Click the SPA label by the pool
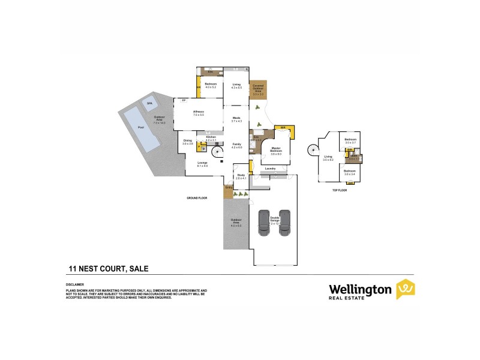[x=149, y=103]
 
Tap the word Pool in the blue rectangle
[x=141, y=128]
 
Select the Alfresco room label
[x=198, y=112]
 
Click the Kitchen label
[x=211, y=138]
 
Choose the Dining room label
[x=187, y=142]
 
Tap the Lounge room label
[x=202, y=164]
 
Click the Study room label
[x=241, y=176]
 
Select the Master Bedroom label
[x=276, y=150]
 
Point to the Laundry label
[x=270, y=169]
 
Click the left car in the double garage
[x=263, y=222]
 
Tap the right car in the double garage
[x=284, y=222]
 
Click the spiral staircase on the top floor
[x=313, y=149]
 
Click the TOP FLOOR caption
[x=340, y=190]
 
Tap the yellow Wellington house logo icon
[x=406, y=289]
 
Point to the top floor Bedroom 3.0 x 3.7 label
[x=350, y=140]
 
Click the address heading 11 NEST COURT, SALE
[x=107, y=269]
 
